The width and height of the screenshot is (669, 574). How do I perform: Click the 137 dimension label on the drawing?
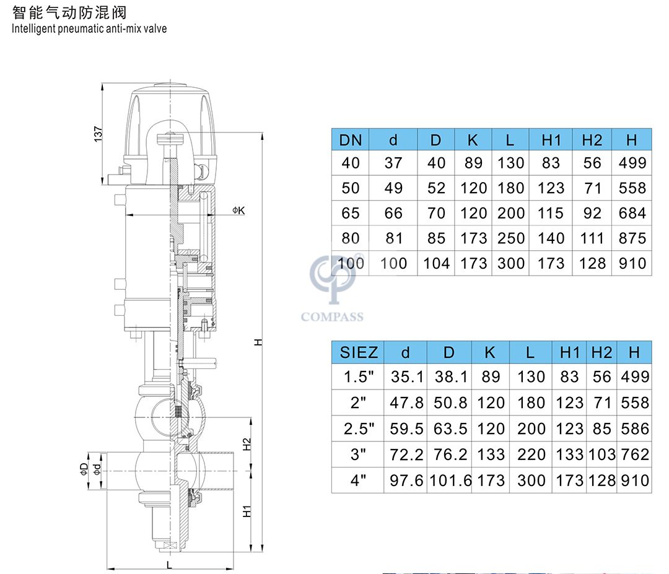[98, 134]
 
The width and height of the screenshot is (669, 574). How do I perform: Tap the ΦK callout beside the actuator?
[238, 211]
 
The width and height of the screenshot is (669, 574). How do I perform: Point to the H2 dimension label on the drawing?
[247, 444]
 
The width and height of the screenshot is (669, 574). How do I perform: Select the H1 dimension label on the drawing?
[247, 511]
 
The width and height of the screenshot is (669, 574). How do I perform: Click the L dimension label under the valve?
[169, 565]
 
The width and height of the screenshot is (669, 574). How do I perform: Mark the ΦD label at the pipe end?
[84, 469]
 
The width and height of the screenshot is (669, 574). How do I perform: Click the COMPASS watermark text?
[333, 317]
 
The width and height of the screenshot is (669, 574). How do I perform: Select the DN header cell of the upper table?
[350, 140]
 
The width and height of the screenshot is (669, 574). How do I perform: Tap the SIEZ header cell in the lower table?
[359, 352]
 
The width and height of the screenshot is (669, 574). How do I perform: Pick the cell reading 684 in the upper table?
[632, 213]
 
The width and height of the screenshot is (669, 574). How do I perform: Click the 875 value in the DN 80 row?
[632, 238]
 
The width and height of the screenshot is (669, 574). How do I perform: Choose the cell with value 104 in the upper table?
[436, 263]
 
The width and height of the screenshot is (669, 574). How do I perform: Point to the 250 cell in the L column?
[510, 238]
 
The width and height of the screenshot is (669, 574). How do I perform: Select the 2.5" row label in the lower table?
[359, 428]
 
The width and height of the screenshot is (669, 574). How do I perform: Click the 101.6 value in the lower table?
[450, 481]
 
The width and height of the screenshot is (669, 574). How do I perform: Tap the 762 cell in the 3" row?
[635, 454]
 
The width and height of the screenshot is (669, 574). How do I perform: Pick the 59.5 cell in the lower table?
[406, 428]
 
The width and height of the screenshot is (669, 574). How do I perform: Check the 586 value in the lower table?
[635, 428]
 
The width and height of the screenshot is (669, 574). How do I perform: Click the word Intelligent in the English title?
[33, 29]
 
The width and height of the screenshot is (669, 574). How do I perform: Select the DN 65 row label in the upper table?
[350, 213]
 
